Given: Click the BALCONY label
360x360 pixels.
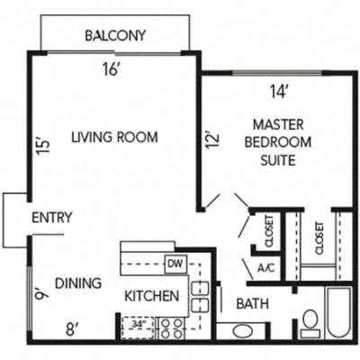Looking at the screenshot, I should click(115, 36).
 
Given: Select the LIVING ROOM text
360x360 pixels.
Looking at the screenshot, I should click(114, 138).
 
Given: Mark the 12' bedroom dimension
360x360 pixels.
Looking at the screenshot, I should click(211, 142).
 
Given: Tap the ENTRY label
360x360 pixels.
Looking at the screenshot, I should click(51, 218).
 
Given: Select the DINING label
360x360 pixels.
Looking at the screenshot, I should click(77, 283).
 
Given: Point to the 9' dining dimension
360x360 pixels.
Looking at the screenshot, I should click(40, 292).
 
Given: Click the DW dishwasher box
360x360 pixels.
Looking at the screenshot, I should click(175, 264).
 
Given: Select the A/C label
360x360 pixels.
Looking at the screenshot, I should click(265, 268).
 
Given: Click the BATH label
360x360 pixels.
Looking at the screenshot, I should click(252, 304).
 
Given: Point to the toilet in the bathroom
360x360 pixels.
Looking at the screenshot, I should click(310, 320).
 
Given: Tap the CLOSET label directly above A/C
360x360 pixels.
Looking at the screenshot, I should click(267, 232).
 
